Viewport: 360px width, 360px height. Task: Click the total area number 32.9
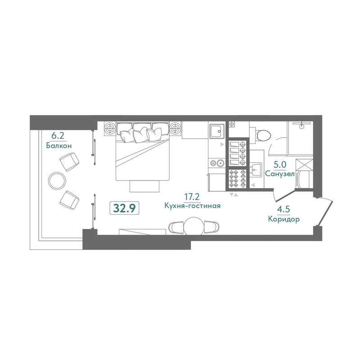click(x=125, y=208)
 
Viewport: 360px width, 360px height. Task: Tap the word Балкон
click(x=59, y=145)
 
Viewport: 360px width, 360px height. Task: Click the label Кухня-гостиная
click(x=193, y=206)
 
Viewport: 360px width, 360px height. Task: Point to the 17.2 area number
click(x=192, y=197)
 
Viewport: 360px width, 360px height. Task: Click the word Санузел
click(x=279, y=174)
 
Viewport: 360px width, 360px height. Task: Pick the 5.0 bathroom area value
click(x=280, y=165)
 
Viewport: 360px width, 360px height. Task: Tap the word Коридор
click(x=284, y=219)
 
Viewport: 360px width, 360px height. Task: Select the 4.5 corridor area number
click(x=283, y=210)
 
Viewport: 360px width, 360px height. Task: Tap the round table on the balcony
click(x=57, y=180)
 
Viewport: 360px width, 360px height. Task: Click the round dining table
click(x=194, y=226)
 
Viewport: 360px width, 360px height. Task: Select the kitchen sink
click(x=216, y=131)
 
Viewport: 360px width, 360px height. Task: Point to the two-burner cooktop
click(x=217, y=163)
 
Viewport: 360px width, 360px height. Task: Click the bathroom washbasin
click(x=256, y=170)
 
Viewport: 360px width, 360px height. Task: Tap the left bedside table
click(x=110, y=128)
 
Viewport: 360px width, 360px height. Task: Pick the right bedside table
click(x=175, y=128)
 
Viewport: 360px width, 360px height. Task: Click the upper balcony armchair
click(x=69, y=162)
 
